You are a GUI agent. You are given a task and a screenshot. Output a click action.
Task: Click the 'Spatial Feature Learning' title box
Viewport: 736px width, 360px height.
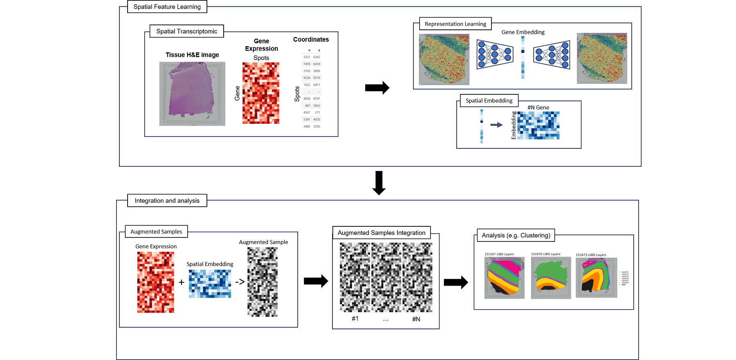(167, 7)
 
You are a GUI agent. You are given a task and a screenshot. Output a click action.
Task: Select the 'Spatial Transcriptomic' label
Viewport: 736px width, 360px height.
(186, 31)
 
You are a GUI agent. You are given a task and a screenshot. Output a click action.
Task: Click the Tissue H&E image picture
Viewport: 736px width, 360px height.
(192, 94)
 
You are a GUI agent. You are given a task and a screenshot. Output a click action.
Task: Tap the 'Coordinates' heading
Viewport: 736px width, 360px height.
(311, 40)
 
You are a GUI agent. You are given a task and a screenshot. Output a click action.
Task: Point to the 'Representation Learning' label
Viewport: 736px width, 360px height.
(455, 24)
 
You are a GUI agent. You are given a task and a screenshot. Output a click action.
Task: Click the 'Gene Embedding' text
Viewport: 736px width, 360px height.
(523, 32)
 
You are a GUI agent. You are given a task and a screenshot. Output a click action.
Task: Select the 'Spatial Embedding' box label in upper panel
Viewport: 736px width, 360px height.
(489, 101)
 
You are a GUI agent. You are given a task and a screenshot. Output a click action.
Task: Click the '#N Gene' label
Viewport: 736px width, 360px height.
(538, 107)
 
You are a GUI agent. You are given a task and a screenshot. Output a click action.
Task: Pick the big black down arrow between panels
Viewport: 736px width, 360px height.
(379, 182)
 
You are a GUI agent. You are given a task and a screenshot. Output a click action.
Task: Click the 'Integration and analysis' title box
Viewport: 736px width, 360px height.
(167, 201)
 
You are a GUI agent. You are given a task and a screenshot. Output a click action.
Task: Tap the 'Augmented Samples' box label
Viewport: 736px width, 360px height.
(156, 232)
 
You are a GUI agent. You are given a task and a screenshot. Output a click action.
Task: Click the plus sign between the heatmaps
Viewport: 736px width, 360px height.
(182, 282)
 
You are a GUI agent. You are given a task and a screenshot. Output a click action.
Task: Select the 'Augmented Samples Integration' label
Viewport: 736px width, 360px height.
(381, 233)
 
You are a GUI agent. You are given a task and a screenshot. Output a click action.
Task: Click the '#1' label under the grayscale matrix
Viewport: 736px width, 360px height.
(355, 319)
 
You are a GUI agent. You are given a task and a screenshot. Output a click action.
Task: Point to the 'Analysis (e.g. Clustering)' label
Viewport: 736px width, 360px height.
(516, 235)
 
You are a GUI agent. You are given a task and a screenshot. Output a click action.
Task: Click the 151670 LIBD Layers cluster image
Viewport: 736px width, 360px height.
(551, 278)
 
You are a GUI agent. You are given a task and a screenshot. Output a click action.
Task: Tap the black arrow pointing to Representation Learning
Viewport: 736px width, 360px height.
(377, 88)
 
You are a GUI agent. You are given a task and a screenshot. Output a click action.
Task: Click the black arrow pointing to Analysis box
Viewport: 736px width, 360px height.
(456, 282)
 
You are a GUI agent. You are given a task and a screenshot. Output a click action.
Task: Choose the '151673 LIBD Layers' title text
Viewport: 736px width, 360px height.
(591, 255)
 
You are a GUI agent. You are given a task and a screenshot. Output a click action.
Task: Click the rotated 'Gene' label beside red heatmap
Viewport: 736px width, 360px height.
(237, 93)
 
